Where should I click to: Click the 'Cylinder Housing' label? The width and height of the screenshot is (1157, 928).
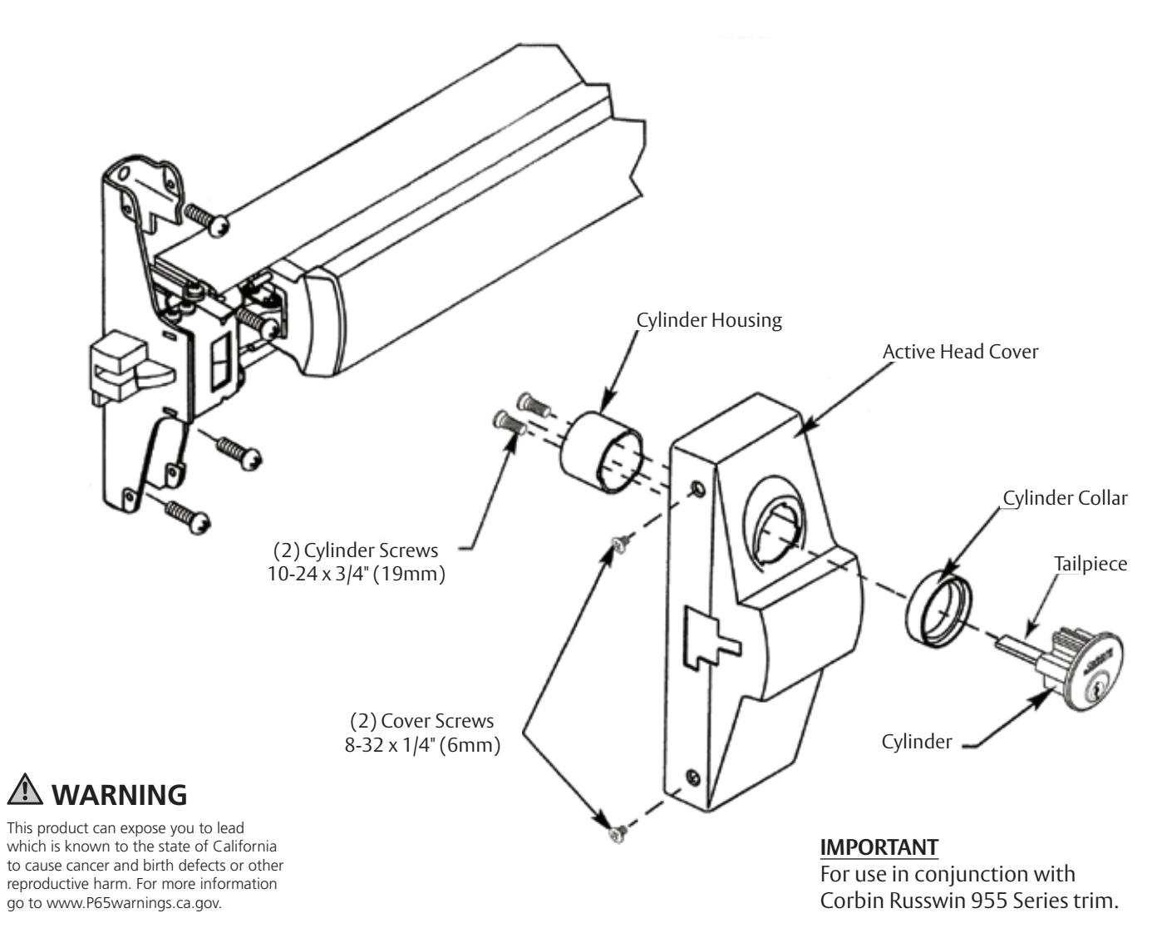click(709, 321)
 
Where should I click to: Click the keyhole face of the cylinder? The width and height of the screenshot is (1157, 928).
click(1099, 661)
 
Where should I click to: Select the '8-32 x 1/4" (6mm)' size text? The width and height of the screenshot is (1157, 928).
click(426, 745)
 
